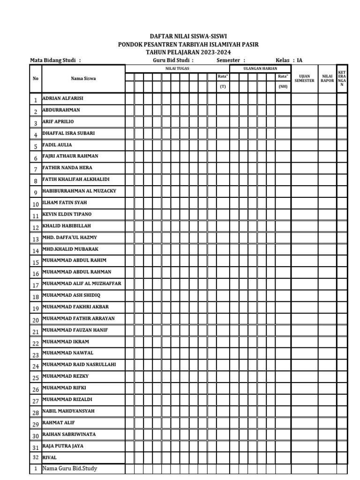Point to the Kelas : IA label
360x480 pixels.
pos(289,60)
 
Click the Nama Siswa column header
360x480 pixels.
pos(83,79)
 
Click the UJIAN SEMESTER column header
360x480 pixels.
pos(305,79)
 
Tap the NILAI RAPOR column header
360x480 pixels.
pos(327,79)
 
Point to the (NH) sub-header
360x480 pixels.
pos(283,87)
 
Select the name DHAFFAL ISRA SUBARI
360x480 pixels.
pos(68,133)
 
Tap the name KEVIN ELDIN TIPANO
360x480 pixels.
pos(67,214)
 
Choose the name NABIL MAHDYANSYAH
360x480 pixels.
pos(68,411)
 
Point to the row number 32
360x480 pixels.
pos(35,457)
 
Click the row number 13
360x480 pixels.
pos(35,239)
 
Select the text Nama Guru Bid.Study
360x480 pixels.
pos(69,468)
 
